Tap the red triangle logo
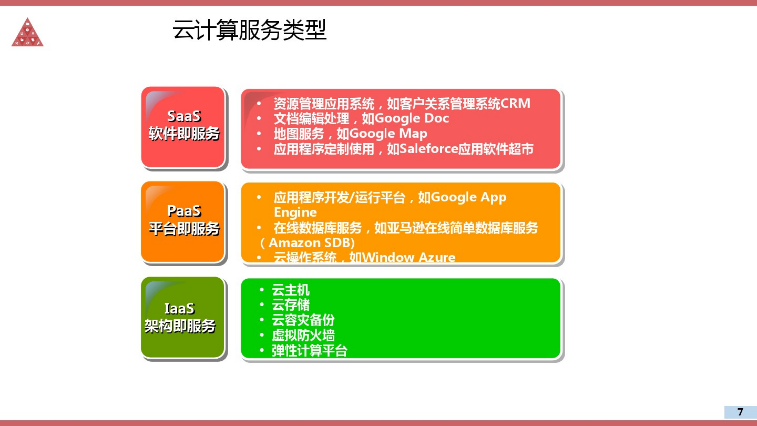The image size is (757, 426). pos(27,33)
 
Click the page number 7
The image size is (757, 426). pos(740,412)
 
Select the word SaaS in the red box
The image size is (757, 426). pos(184,116)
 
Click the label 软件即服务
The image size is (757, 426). pos(184,134)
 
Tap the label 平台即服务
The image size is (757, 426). pos(184,229)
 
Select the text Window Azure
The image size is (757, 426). pos(409,257)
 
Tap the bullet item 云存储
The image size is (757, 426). pos(290,305)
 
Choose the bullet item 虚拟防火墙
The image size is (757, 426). pos(303,335)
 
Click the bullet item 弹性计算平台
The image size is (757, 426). pos(309,350)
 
